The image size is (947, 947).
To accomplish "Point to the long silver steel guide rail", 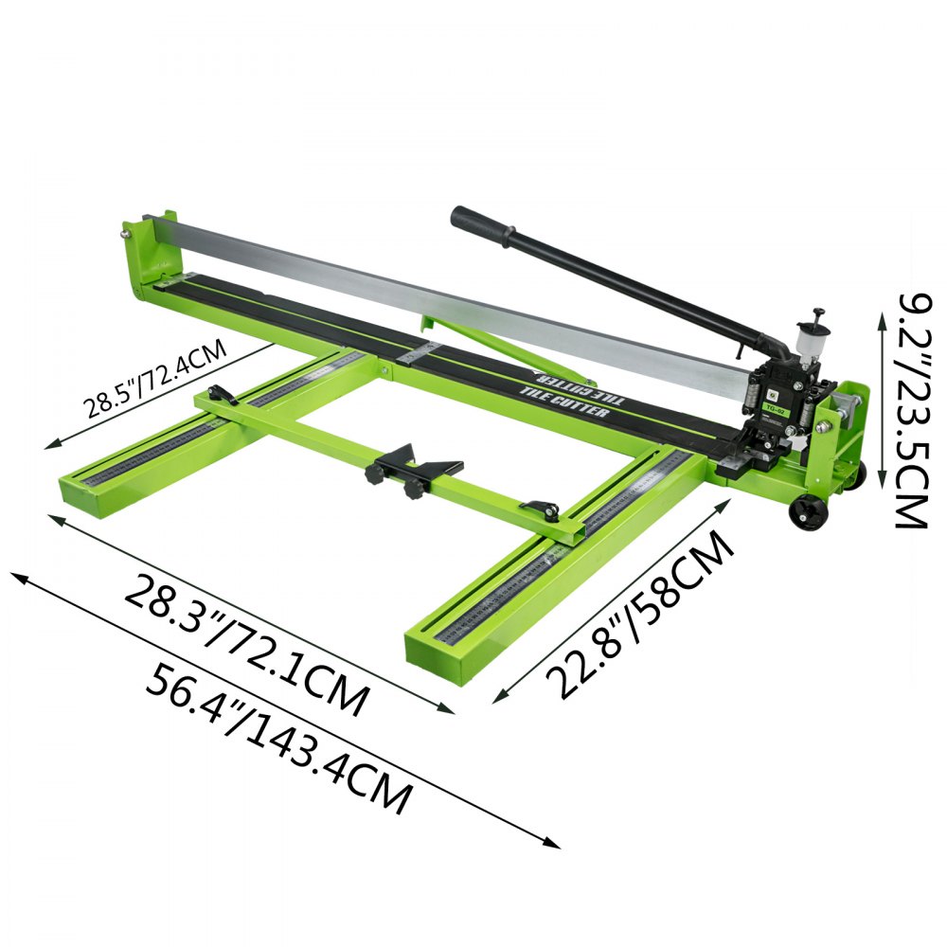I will pos(445,284).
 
